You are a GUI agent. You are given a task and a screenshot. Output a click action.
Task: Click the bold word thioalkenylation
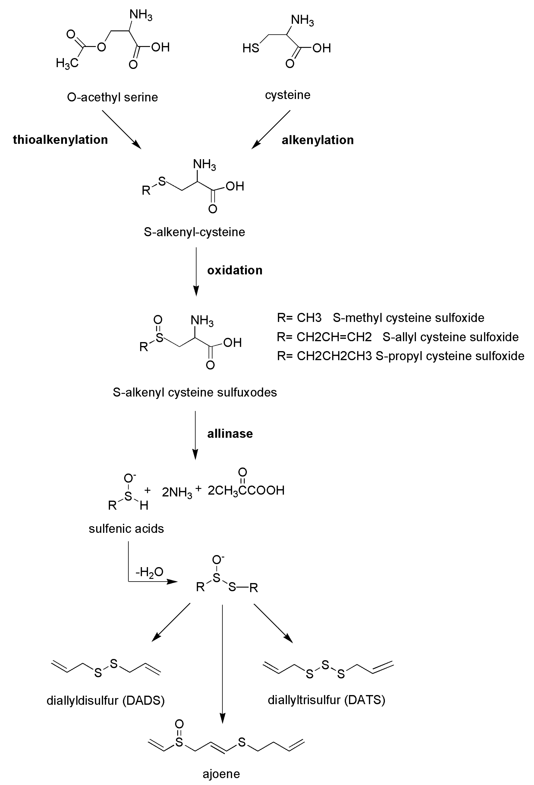(60, 139)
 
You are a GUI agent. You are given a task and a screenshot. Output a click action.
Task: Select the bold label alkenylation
(317, 140)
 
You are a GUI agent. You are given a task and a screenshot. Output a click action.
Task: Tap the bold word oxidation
(235, 270)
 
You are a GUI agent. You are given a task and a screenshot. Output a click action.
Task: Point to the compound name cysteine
(287, 95)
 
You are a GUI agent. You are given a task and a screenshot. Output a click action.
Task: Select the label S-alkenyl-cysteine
(194, 232)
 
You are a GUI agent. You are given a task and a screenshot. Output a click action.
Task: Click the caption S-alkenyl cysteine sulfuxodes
(195, 392)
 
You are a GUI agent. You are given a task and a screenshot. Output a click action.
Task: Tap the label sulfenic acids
(126, 529)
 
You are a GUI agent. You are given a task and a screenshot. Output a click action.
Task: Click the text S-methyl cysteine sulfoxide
(408, 318)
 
